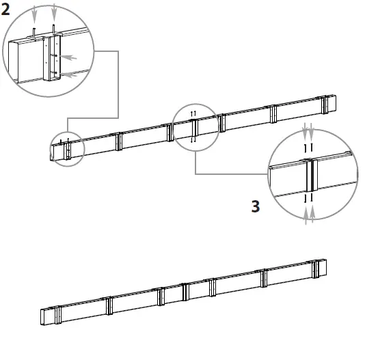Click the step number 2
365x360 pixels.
pyautogui.click(x=5, y=10)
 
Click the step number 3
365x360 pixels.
pyautogui.click(x=256, y=206)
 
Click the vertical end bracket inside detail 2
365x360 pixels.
pyautogui.click(x=52, y=58)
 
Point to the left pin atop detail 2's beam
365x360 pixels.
pyautogui.click(x=35, y=31)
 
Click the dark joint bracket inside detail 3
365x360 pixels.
pyautogui.click(x=312, y=175)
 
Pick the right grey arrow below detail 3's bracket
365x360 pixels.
pyautogui.click(x=314, y=213)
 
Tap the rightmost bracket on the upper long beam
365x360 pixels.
pyautogui.click(x=324, y=104)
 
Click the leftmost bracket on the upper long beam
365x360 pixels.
pyautogui.click(x=67, y=150)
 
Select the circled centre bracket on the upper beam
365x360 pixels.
pyautogui.click(x=195, y=127)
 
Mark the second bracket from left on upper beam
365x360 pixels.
pyautogui.click(x=118, y=141)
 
